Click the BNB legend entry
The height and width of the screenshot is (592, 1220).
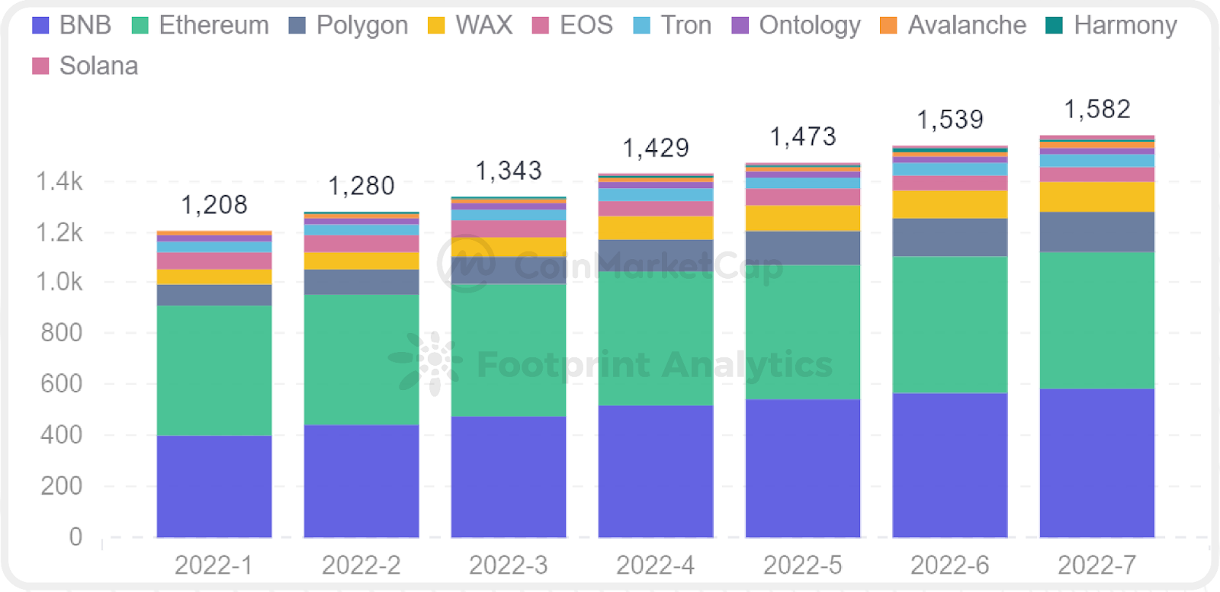[72, 25]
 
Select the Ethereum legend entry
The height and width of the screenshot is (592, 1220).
[201, 25]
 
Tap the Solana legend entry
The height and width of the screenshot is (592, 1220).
[85, 66]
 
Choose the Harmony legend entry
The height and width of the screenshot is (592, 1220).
[1112, 25]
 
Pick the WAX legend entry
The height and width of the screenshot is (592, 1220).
[470, 25]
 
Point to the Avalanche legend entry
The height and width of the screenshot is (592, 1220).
[953, 25]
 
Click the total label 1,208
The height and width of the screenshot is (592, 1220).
[214, 205]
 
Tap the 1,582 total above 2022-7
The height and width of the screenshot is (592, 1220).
[1096, 110]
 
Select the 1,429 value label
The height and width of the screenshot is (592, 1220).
[656, 148]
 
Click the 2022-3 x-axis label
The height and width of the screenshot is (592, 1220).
[508, 565]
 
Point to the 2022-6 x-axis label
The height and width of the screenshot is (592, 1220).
[949, 565]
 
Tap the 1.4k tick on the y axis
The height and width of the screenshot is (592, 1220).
[59, 181]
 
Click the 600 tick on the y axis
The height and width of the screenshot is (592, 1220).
[61, 383]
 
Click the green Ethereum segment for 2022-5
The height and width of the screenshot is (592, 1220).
[802, 331]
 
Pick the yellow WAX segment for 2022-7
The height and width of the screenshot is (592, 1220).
[1096, 197]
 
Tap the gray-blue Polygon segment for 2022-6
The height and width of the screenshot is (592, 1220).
[949, 237]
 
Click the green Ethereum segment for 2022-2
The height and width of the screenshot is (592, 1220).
[361, 360]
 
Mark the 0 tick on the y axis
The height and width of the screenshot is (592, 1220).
[75, 536]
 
